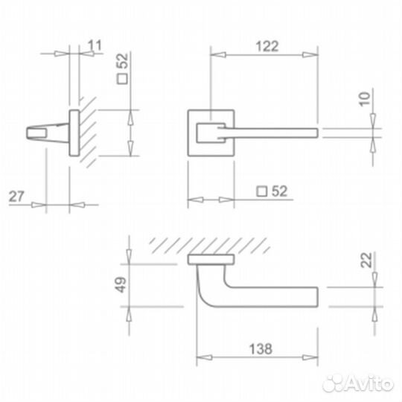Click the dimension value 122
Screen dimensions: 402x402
267,46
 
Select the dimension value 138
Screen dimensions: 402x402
261,349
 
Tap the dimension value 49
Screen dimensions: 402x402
121,284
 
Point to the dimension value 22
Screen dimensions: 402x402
366,260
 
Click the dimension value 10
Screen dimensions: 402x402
365,99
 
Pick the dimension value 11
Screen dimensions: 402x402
95,45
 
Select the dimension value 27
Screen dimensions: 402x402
16,197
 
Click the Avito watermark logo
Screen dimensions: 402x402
358,383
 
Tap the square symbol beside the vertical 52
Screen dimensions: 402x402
122,79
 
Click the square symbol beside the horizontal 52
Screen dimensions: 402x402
262,191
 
